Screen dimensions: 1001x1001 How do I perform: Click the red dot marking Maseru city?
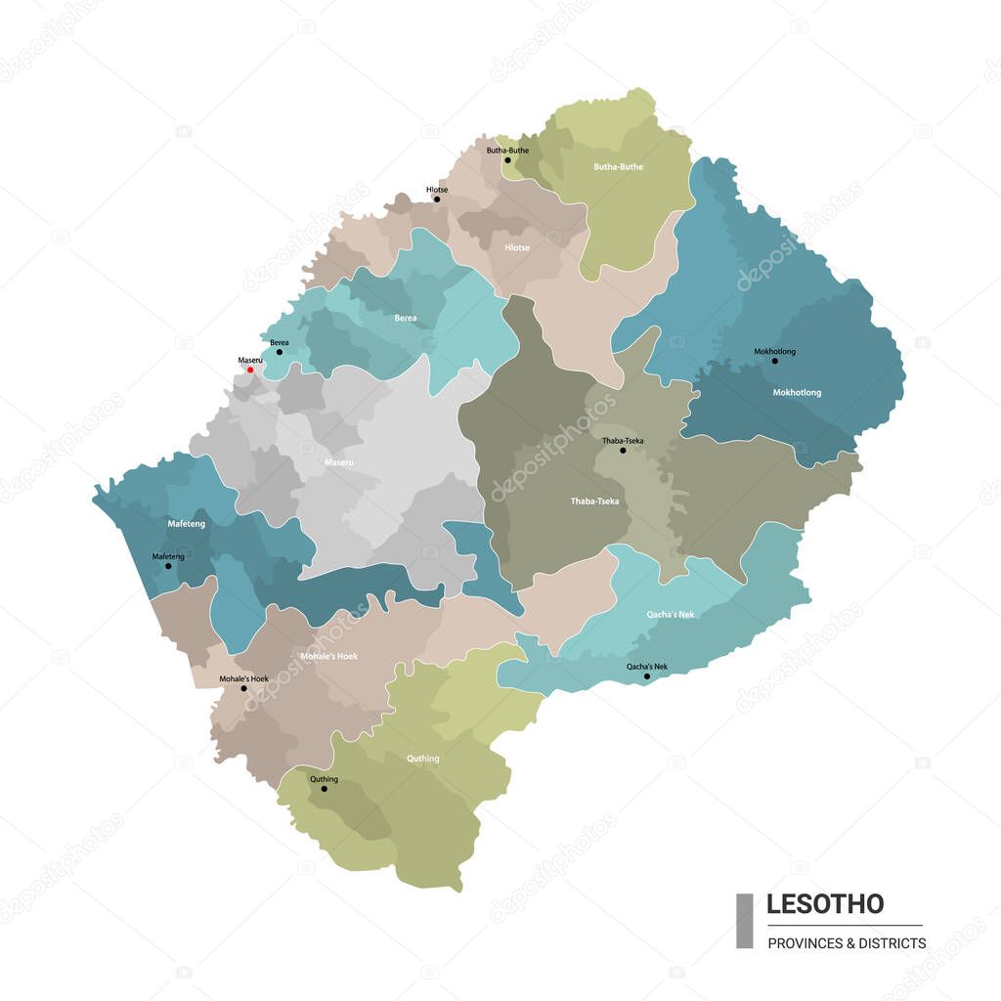(250, 370)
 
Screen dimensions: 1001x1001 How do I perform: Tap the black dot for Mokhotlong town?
(775, 361)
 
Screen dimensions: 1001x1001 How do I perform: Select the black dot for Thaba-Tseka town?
(623, 451)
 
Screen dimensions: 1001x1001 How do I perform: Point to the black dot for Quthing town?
(325, 789)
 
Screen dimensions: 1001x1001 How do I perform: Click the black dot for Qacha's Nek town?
(646, 676)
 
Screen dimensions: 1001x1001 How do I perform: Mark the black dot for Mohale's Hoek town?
(243, 688)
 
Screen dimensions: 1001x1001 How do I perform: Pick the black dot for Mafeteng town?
(168, 566)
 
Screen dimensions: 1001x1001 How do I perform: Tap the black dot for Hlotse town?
(437, 199)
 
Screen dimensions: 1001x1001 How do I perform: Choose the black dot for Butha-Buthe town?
(507, 160)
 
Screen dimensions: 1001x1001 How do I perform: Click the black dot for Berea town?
(280, 352)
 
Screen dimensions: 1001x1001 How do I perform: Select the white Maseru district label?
(338, 460)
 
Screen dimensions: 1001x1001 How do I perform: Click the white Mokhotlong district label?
(797, 393)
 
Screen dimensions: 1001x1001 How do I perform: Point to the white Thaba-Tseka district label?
(594, 501)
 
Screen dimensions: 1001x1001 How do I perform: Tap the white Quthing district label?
(423, 759)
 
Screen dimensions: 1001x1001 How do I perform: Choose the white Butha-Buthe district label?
(618, 167)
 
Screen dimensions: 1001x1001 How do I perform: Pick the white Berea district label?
(405, 319)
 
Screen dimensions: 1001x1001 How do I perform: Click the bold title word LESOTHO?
(824, 904)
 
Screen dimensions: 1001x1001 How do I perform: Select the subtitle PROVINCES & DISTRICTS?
(847, 943)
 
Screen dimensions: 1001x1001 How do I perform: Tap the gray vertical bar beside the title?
(744, 920)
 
